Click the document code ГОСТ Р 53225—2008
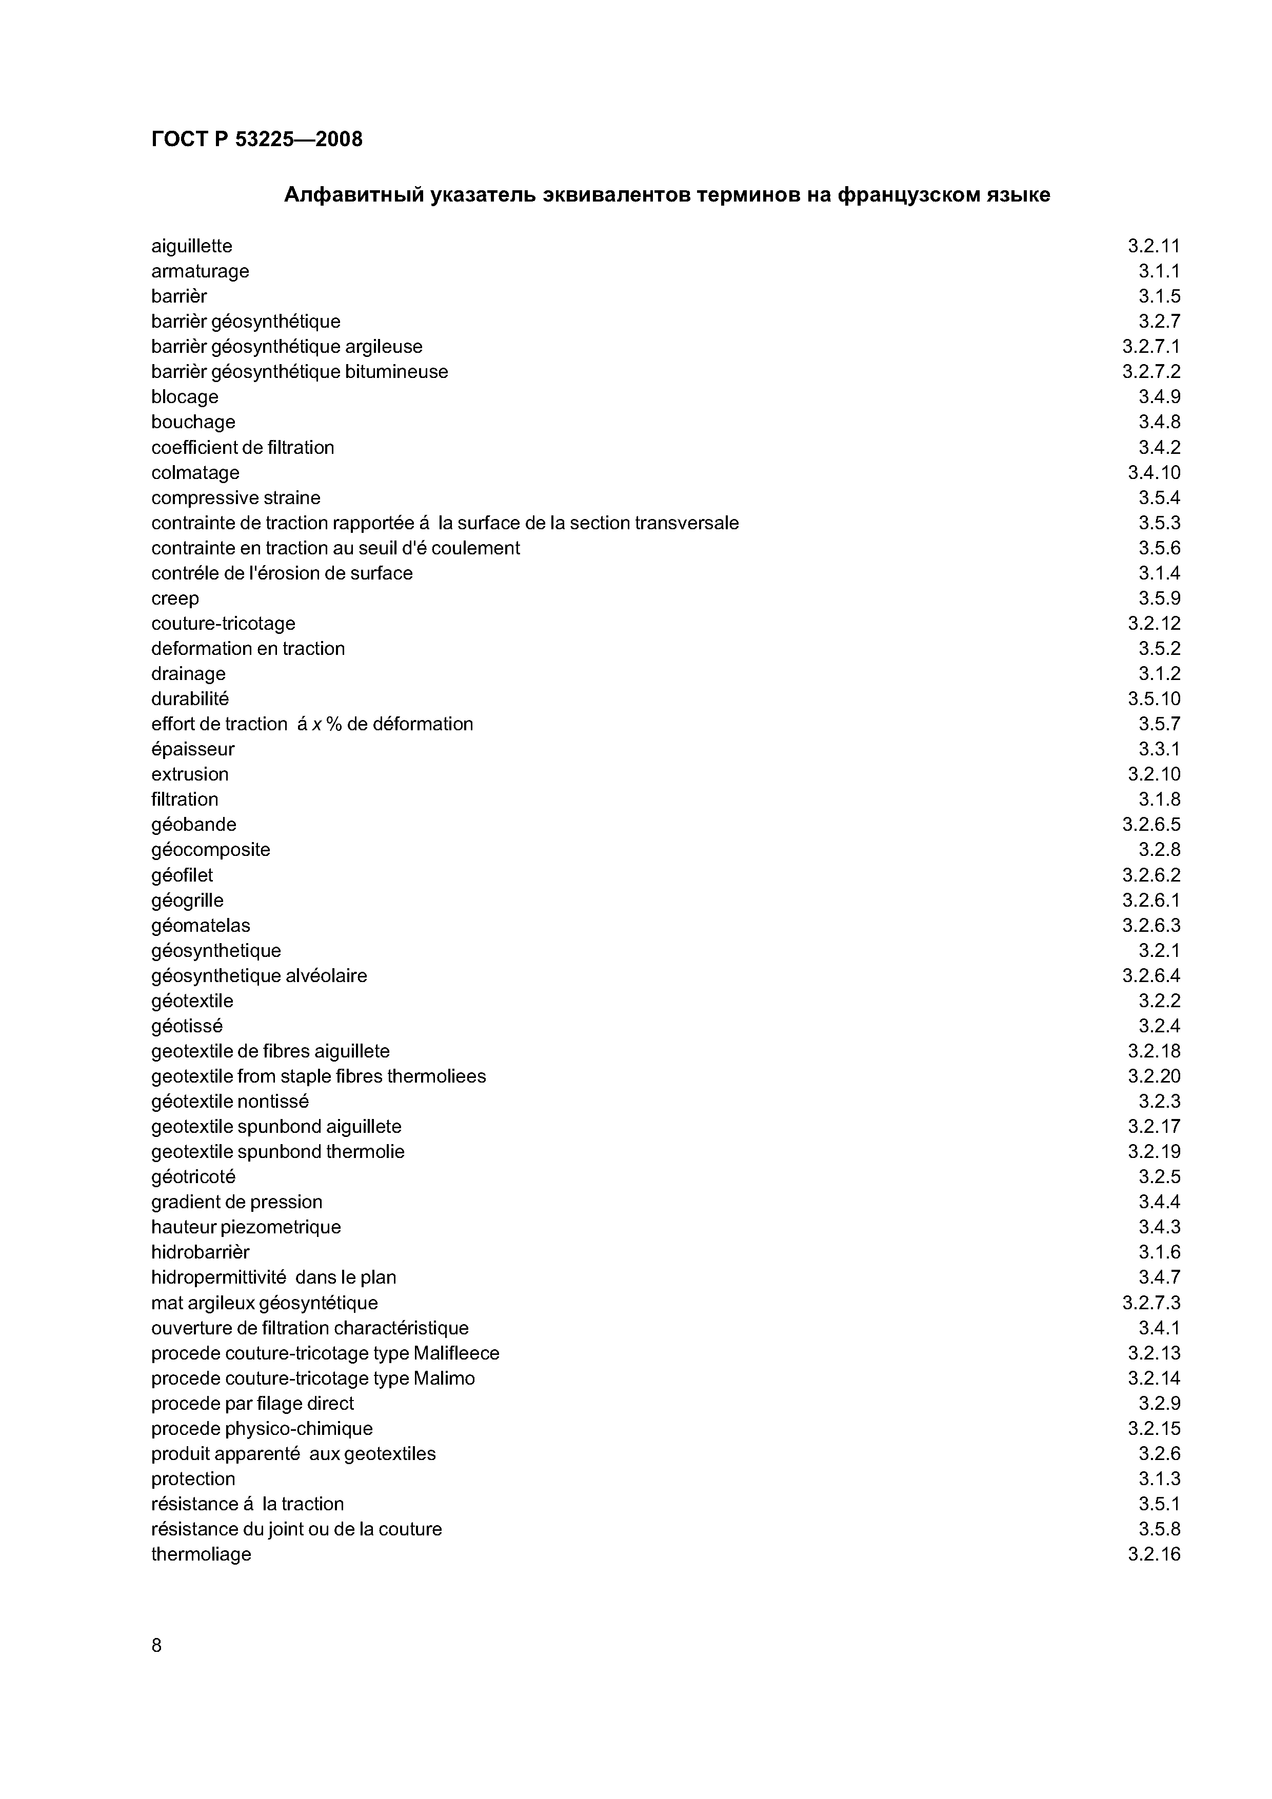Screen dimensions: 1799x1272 256,139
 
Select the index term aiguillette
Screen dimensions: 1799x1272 191,246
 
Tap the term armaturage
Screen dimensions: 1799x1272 200,271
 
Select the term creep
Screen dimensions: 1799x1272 175,598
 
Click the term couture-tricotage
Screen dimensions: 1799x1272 223,624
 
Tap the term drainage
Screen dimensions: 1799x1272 188,674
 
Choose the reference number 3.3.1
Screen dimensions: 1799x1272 1159,749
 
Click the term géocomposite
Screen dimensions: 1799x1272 210,850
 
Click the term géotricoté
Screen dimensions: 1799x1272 193,1177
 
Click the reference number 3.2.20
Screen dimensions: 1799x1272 1154,1076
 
